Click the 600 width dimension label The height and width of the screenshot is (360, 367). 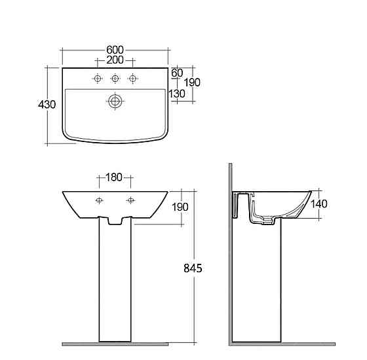(115, 50)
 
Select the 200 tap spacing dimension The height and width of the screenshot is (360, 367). (115, 60)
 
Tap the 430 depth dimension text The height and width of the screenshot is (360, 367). (47, 105)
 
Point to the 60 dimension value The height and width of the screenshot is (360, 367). (177, 73)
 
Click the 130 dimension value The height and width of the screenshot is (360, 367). (177, 94)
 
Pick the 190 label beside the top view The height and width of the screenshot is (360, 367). (192, 82)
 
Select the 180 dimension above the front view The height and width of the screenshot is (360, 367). (114, 177)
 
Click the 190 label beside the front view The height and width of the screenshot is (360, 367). (180, 207)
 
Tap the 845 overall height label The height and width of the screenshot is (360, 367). (193, 268)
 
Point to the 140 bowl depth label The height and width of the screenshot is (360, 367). (319, 204)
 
